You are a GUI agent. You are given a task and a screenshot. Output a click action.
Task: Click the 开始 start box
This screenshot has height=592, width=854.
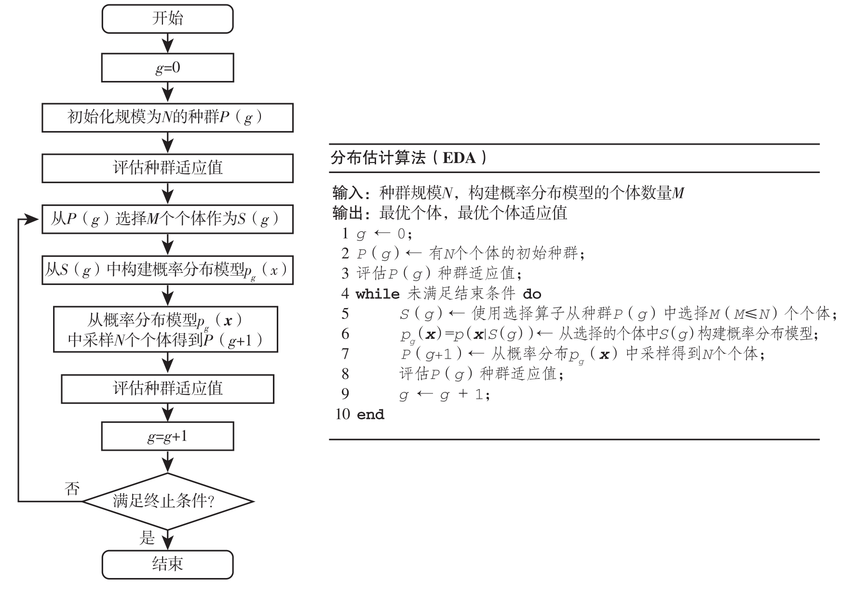(x=167, y=19)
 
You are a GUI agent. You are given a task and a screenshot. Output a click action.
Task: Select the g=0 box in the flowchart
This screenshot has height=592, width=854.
(x=167, y=67)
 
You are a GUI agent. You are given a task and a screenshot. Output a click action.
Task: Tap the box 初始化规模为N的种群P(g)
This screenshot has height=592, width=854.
(x=167, y=117)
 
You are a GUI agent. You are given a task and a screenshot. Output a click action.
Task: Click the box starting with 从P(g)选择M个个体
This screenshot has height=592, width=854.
(x=167, y=219)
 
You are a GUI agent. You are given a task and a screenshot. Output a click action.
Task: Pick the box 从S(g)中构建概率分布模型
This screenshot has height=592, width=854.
(x=167, y=270)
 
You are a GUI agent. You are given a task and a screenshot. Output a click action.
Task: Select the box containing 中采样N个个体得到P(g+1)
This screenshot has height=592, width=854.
(x=165, y=329)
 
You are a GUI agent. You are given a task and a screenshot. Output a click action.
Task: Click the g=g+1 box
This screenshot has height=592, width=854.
(x=167, y=436)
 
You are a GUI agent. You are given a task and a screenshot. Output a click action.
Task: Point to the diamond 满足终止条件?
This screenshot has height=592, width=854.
(x=167, y=501)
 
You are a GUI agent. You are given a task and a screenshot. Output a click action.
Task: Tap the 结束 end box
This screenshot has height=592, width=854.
(x=167, y=564)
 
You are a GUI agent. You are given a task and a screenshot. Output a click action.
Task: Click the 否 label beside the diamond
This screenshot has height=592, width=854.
(x=72, y=489)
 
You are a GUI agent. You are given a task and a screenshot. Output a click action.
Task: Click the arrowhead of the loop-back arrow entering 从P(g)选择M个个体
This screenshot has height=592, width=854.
(x=33, y=220)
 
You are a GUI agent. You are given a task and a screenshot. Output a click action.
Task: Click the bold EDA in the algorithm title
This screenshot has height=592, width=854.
(x=459, y=158)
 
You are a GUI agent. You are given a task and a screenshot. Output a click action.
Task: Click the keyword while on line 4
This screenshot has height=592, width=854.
(x=378, y=294)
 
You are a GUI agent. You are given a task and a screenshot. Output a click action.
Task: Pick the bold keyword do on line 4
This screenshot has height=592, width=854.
(x=532, y=294)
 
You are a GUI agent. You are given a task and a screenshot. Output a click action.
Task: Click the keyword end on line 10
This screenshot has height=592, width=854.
(x=370, y=415)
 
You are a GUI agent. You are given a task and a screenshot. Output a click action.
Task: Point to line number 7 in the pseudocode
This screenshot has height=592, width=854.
(x=345, y=354)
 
